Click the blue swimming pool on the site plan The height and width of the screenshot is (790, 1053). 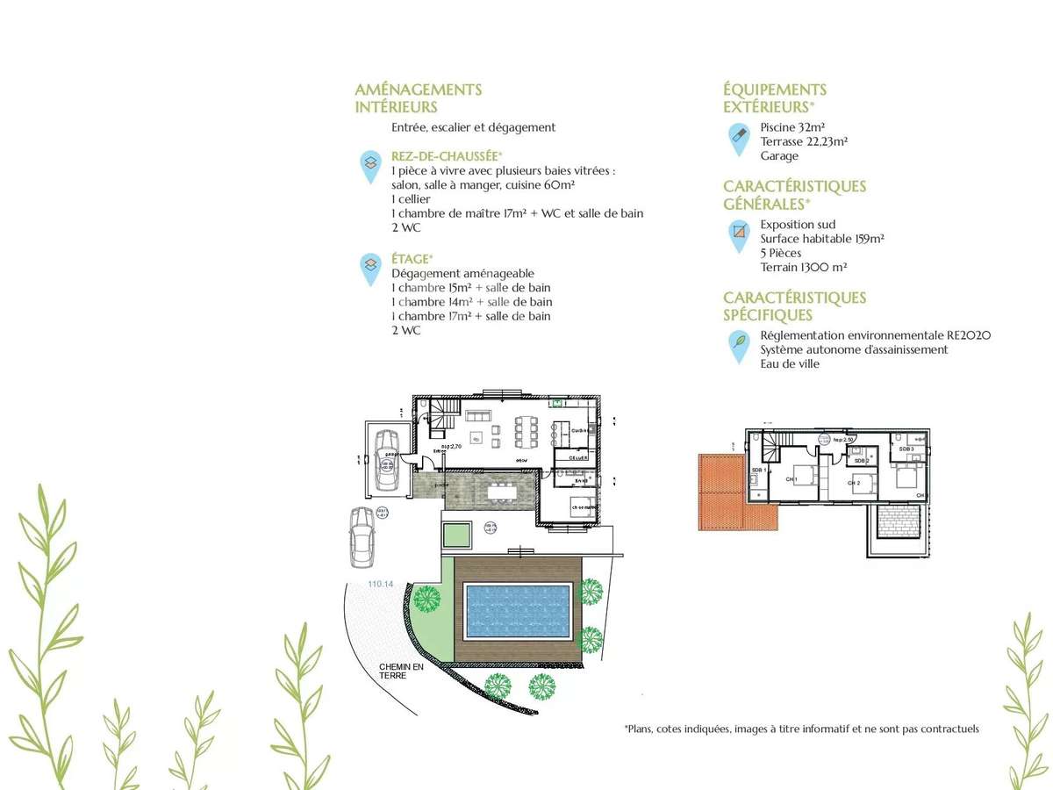coord(517,611)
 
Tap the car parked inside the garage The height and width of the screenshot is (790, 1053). coord(387,461)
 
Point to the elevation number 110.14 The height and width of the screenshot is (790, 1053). coord(381,584)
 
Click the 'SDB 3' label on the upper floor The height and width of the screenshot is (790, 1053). coord(906,449)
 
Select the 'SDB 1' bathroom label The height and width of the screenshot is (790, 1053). coord(757,470)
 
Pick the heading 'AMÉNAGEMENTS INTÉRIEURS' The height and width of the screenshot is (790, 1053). coord(418,98)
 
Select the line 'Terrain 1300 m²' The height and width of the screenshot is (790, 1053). coord(803,267)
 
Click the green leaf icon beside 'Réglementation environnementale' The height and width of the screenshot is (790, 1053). coord(739,342)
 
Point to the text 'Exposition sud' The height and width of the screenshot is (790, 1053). coord(798,225)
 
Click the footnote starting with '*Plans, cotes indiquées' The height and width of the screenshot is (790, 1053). coord(801,729)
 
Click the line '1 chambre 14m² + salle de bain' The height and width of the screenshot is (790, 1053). coord(471,302)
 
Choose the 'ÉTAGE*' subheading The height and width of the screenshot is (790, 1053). coord(412,259)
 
